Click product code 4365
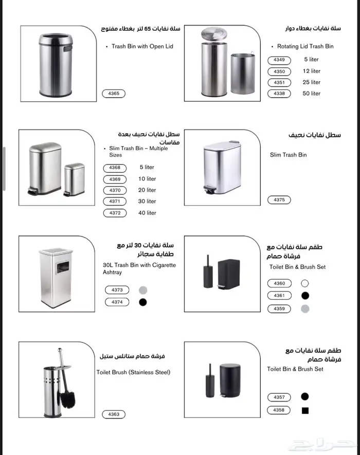point(114,93)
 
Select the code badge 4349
point(279,60)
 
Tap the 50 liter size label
point(312,94)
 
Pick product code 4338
point(279,94)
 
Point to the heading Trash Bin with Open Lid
point(142,46)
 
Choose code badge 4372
point(115,213)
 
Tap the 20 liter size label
point(147,190)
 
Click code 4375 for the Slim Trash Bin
point(279,200)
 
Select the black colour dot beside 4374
point(143,302)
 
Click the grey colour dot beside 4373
point(143,290)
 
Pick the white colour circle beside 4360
point(305,283)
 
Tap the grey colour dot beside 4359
point(305,308)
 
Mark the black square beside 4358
point(305,411)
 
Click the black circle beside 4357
point(305,397)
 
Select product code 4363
point(114,414)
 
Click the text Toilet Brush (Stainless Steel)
point(133,372)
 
